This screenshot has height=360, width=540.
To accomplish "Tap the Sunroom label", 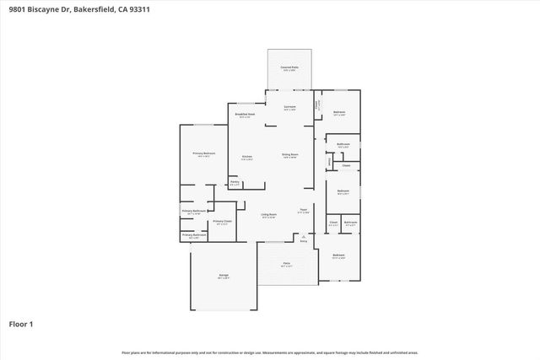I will click(x=289, y=108).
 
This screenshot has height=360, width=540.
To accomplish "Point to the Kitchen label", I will click(x=248, y=157).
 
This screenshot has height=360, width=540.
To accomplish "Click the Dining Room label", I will click(x=290, y=155).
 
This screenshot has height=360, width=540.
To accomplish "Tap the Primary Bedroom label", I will click(x=203, y=154).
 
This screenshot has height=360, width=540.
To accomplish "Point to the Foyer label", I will click(x=303, y=211).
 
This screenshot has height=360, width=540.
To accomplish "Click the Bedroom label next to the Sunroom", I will click(x=338, y=113).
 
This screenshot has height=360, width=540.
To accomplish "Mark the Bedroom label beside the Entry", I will click(x=338, y=255).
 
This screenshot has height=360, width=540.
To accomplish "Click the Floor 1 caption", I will click(x=20, y=324).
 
